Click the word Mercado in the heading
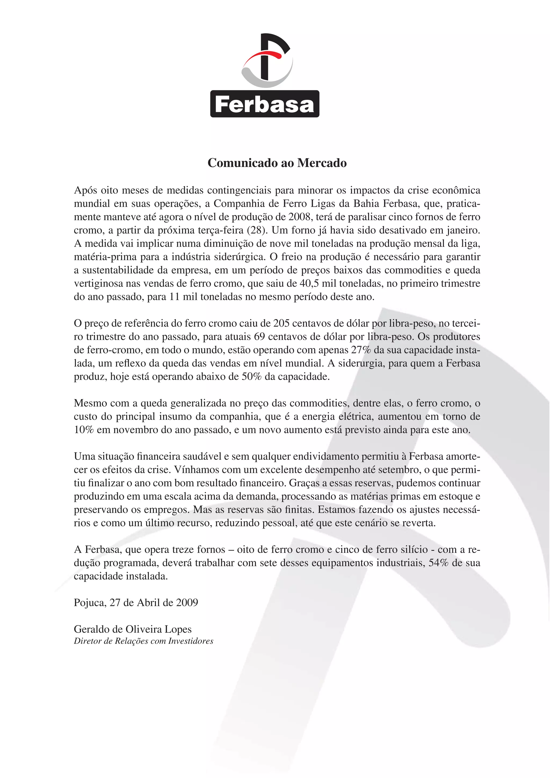322,163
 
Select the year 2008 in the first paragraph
300,217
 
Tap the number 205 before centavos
281,323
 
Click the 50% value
251,377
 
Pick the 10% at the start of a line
83,430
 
